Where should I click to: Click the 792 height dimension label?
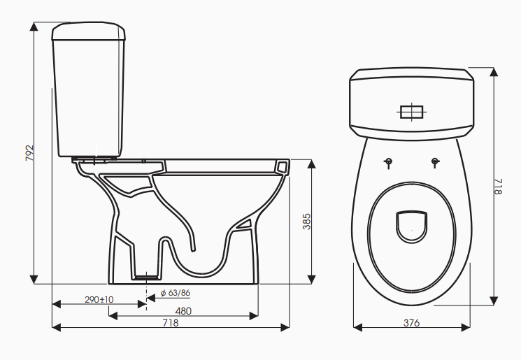[x=30, y=153]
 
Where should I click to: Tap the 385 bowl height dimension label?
[x=306, y=222]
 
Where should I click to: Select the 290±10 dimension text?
[x=99, y=300]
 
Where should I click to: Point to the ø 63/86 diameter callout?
[x=175, y=293]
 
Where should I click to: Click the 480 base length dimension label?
[x=183, y=311]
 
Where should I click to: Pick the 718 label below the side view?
[x=171, y=323]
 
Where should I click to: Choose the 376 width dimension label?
[x=411, y=323]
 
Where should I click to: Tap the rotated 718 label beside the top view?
[x=498, y=187]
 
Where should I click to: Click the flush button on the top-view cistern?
[x=412, y=112]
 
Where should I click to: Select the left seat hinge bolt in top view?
[x=388, y=163]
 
